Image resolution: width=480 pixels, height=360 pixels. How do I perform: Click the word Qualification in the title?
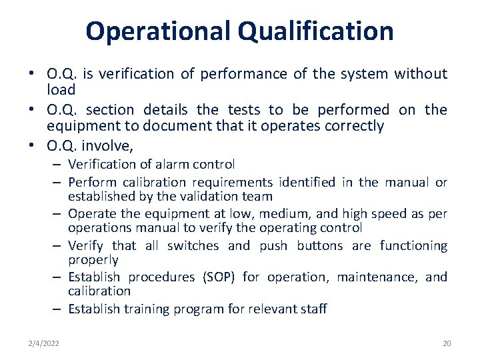click(x=313, y=31)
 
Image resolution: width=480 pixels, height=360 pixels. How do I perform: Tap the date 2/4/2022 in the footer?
click(x=43, y=343)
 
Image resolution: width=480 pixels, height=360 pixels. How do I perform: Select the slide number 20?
click(x=447, y=343)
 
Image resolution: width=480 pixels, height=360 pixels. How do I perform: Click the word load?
click(x=61, y=89)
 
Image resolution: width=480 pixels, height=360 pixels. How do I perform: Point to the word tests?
click(x=244, y=109)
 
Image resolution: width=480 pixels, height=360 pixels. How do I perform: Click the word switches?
click(x=193, y=245)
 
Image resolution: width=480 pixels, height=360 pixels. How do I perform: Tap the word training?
click(x=146, y=309)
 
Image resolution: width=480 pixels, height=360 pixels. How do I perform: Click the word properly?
click(x=93, y=259)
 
